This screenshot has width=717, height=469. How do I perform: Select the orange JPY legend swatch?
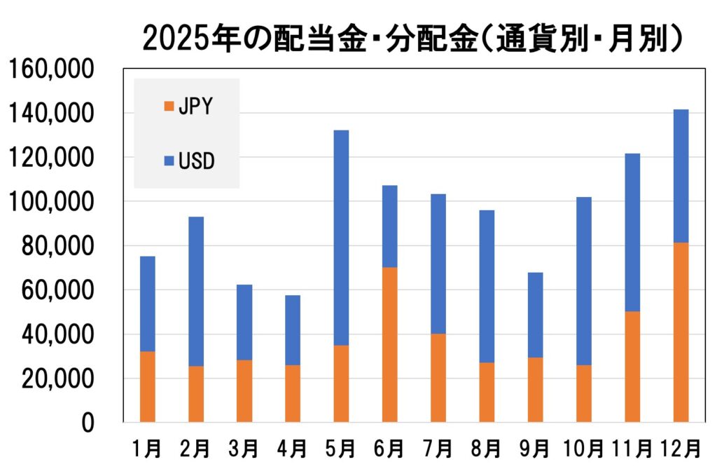pyautogui.click(x=167, y=107)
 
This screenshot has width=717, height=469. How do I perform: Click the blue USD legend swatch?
pyautogui.click(x=167, y=161)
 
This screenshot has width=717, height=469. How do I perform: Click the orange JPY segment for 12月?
pyautogui.click(x=681, y=332)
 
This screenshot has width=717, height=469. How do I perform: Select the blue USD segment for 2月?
pyautogui.click(x=195, y=292)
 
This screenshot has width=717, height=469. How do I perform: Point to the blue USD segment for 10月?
pyautogui.click(x=583, y=281)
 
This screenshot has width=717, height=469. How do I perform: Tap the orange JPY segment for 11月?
pyautogui.click(x=632, y=367)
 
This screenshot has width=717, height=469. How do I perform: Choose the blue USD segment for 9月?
pyautogui.click(x=535, y=315)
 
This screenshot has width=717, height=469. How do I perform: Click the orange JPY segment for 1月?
pyautogui.click(x=147, y=387)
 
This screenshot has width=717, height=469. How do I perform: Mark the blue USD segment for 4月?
pyautogui.click(x=292, y=330)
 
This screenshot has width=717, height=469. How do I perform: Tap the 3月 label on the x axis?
pyautogui.click(x=244, y=447)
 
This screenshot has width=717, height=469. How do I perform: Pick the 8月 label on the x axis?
pyautogui.click(x=486, y=447)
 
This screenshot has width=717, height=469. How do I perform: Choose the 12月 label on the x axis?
pyautogui.click(x=681, y=447)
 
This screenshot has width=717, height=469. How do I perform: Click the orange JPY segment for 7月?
pyautogui.click(x=438, y=378)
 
